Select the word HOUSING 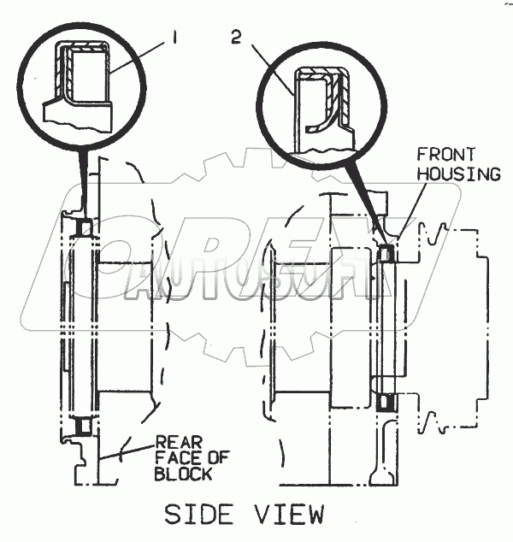[x=458, y=174]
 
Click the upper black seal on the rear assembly [x=85, y=227]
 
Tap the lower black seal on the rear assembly [x=84, y=425]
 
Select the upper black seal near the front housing [x=386, y=253]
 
